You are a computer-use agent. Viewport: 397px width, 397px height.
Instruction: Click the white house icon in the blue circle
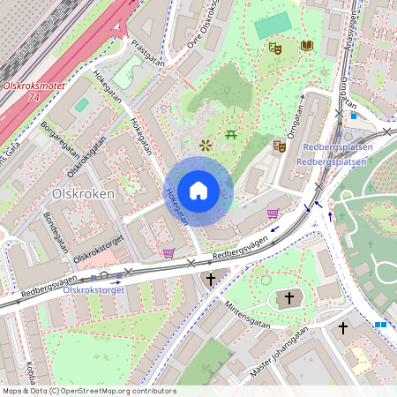(198, 191)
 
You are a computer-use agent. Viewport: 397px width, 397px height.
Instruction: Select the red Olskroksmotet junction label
(34, 86)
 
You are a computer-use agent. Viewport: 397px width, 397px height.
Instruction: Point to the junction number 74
(34, 96)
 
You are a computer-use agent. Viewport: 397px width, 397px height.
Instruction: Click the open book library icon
(306, 45)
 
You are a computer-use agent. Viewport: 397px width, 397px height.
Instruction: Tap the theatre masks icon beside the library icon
(275, 49)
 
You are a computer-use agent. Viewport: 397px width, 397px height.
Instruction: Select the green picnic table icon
(231, 134)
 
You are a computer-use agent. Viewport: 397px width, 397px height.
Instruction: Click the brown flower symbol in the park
(206, 144)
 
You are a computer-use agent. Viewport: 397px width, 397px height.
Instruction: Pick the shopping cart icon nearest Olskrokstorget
(168, 253)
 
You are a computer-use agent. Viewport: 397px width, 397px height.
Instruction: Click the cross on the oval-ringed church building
(290, 298)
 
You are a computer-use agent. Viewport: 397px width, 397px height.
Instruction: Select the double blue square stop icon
(380, 325)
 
